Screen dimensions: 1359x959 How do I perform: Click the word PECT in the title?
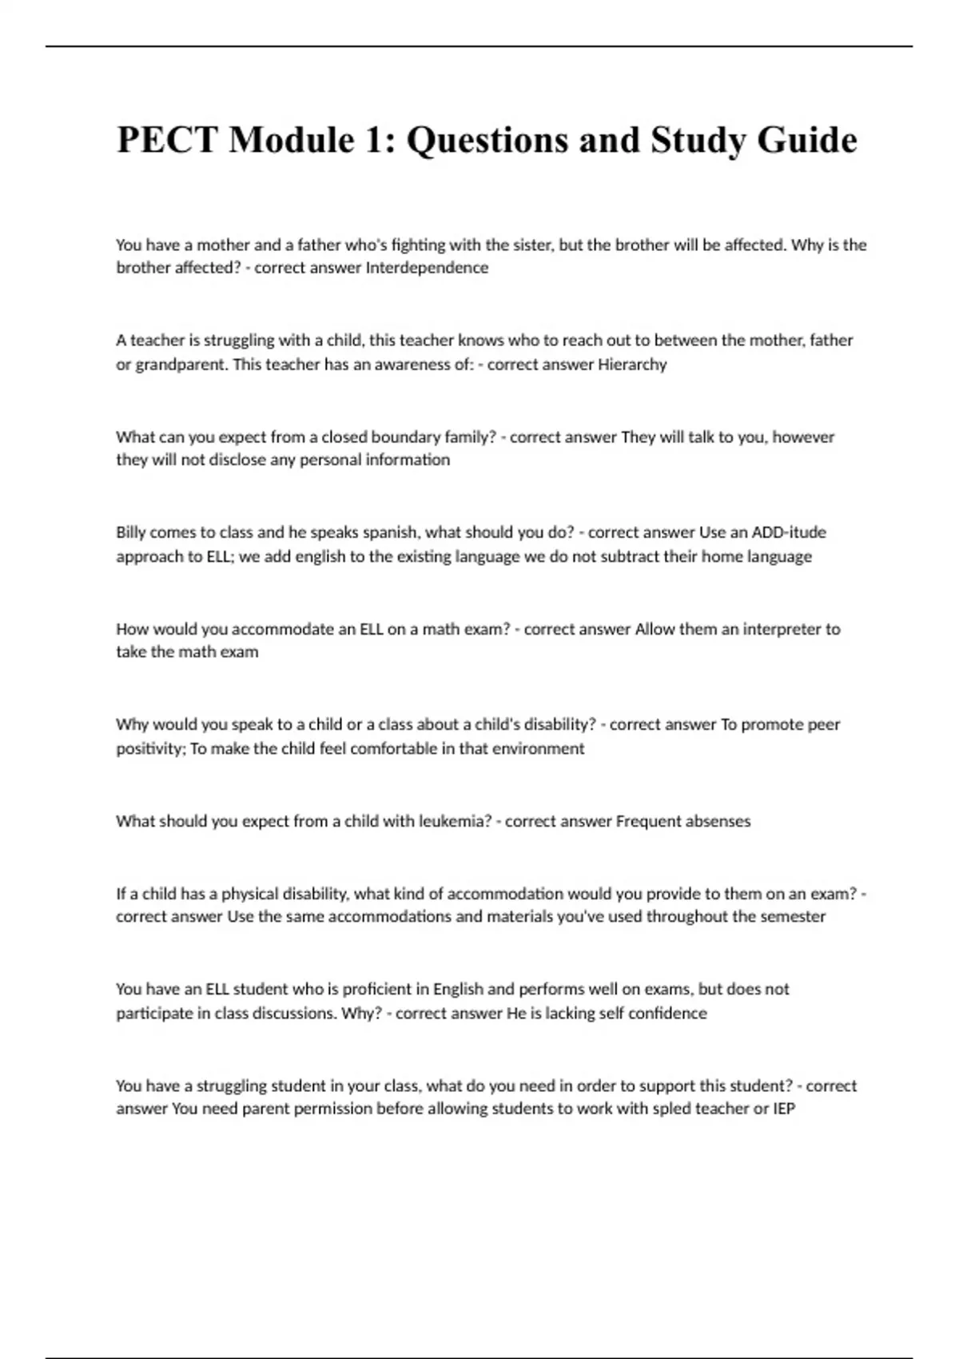(x=167, y=140)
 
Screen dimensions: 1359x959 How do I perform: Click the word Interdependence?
(x=427, y=268)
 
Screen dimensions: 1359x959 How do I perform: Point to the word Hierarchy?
(x=632, y=365)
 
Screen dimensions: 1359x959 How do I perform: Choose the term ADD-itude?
(x=762, y=532)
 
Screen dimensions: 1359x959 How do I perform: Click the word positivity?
(x=150, y=748)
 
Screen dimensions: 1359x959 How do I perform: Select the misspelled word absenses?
(x=717, y=821)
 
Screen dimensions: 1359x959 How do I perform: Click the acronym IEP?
(x=784, y=1109)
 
